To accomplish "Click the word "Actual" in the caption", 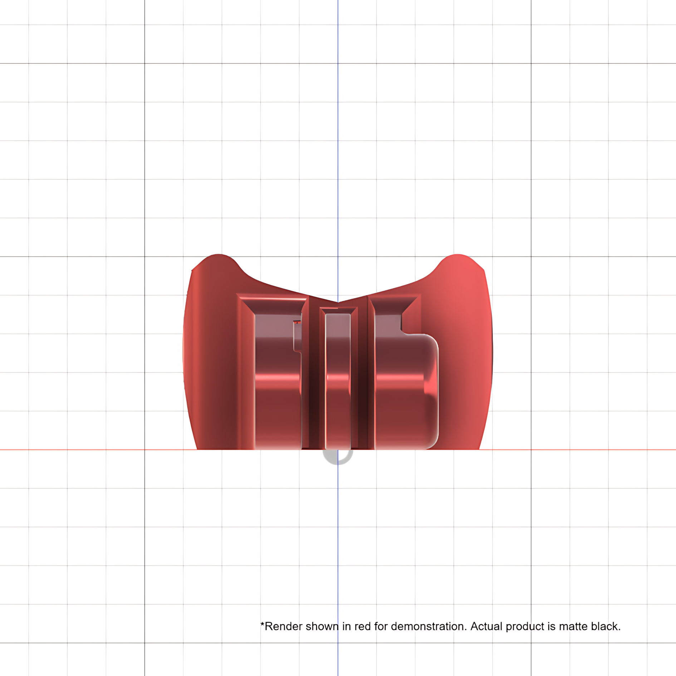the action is click(x=486, y=627).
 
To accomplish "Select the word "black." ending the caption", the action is click(x=606, y=627).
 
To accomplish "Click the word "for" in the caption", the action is click(x=381, y=627).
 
